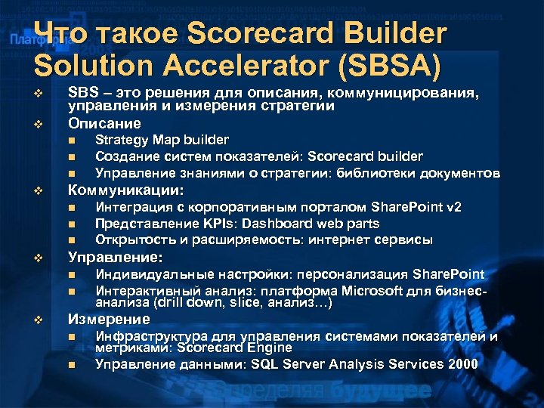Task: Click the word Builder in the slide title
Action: pyautogui.click(x=385, y=34)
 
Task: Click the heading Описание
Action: pyautogui.click(x=94, y=122)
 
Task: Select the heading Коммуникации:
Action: pyautogui.click(x=126, y=190)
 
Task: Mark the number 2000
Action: pyautogui.click(x=461, y=364)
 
